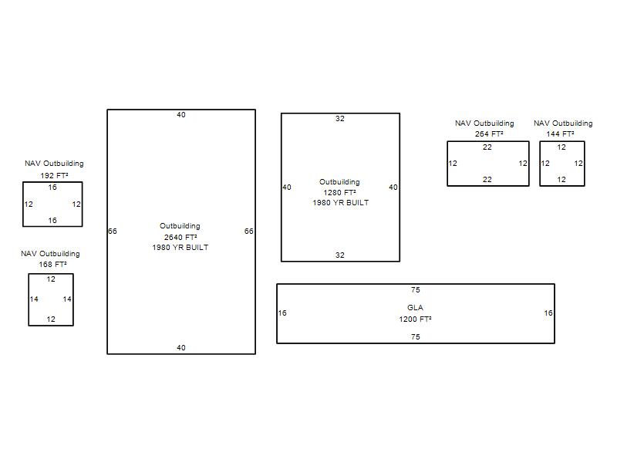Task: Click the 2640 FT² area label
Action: coord(180,237)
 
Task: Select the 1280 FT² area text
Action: coord(339,192)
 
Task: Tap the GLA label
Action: coord(415,307)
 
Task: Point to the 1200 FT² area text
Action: coord(415,319)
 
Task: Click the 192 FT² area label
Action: coord(54,176)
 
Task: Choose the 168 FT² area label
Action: coord(52,265)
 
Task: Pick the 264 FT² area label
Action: coord(489,133)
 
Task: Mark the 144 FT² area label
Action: coord(560,133)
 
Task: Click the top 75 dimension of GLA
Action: coord(416,290)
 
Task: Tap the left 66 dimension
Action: coord(113,231)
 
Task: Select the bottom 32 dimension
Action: coord(340,255)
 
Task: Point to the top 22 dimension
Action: coord(487,147)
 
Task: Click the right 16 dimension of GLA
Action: coord(548,313)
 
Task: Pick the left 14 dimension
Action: coord(34,299)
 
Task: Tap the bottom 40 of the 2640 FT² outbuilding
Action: coord(181,348)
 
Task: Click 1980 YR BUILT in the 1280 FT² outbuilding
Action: coord(341,203)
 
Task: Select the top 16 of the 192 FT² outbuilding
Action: coord(52,188)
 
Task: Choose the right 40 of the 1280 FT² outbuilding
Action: coord(393,188)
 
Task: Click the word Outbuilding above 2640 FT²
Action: coord(180,226)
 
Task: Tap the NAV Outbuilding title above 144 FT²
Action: coord(563,123)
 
